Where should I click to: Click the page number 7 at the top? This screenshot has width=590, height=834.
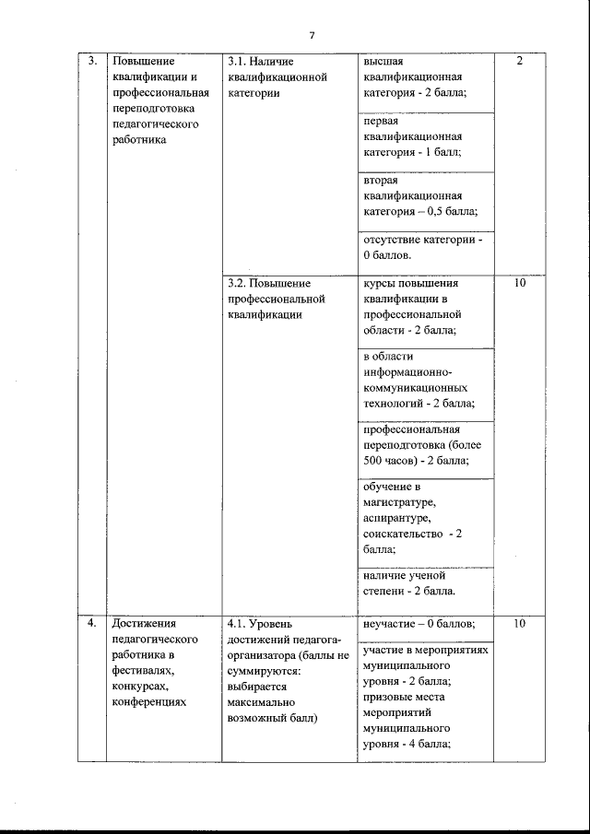click(x=313, y=35)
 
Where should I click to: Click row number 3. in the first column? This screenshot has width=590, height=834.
click(x=92, y=61)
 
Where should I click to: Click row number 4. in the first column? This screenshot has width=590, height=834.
click(x=92, y=623)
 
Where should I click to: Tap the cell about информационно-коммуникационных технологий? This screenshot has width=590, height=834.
click(x=419, y=380)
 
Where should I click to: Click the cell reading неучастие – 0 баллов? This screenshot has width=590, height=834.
click(x=419, y=624)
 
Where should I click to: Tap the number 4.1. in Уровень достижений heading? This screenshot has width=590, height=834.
click(x=235, y=624)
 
